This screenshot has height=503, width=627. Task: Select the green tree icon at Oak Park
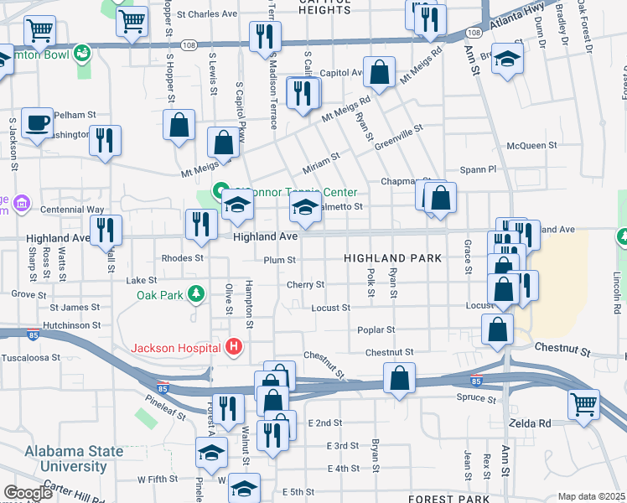[x=195, y=293]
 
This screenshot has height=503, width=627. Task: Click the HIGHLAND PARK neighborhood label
[x=392, y=259]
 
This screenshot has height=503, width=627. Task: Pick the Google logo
[x=28, y=493]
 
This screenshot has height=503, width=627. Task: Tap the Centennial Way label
[x=71, y=209]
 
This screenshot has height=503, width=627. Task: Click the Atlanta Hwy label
[x=516, y=34]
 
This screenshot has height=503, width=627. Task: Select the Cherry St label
[x=305, y=285]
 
